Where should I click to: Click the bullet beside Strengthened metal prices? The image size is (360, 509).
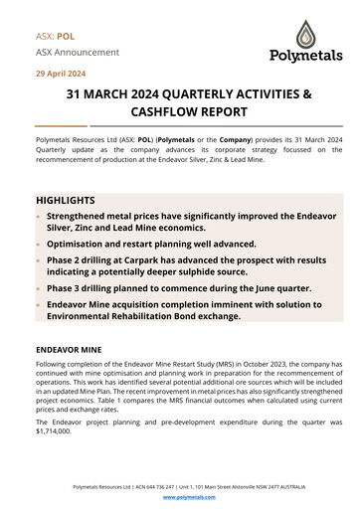tap(39, 216)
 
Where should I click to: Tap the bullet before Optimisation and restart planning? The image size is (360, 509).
tap(39, 244)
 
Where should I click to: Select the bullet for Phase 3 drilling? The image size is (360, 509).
tap(39, 287)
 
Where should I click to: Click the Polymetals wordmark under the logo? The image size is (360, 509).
tap(297, 57)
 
